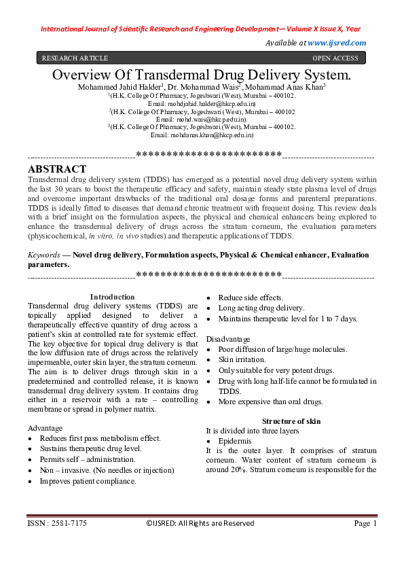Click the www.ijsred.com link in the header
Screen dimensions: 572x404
pyautogui.click(x=337, y=43)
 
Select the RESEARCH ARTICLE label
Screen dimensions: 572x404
pyautogui.click(x=75, y=58)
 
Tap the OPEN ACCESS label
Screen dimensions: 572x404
pyautogui.click(x=335, y=58)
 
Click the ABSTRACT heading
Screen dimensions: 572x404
pyautogui.click(x=57, y=169)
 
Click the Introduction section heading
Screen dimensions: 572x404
pyautogui.click(x=112, y=297)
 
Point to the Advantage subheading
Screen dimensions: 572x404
pyautogui.click(x=45, y=429)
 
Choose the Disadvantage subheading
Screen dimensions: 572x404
pyautogui.click(x=228, y=339)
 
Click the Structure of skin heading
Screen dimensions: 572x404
pyautogui.click(x=291, y=421)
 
